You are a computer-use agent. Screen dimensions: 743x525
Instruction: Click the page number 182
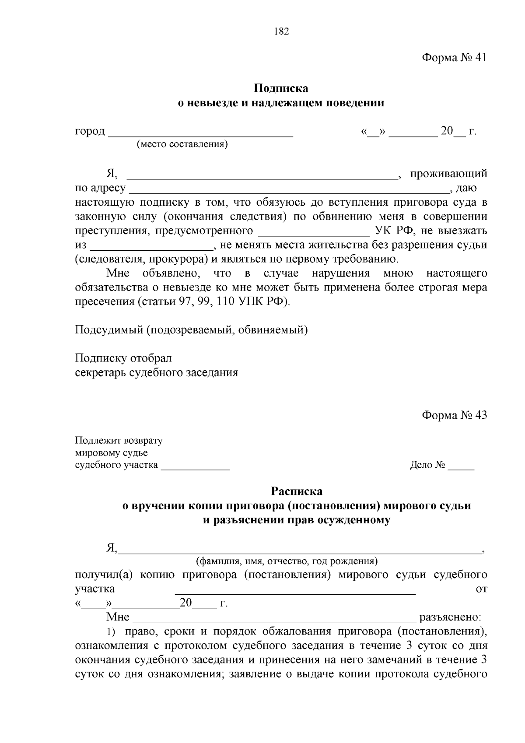coord(281,32)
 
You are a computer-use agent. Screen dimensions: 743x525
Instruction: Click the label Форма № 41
coord(454,58)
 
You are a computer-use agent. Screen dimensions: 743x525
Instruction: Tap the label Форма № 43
coord(454,415)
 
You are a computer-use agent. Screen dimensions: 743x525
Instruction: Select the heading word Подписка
coord(281,88)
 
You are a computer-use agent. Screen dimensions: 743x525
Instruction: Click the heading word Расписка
coord(297,491)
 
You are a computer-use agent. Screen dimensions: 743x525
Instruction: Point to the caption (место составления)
coord(182,144)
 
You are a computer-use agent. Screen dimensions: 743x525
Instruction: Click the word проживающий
coord(448,174)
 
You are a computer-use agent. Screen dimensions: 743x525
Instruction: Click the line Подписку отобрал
coord(123,358)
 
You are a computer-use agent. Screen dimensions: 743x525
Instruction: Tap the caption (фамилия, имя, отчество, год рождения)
coord(287,561)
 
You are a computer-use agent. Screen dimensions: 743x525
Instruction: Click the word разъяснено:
coord(450,617)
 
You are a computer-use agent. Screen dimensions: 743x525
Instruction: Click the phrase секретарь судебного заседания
coord(157,372)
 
